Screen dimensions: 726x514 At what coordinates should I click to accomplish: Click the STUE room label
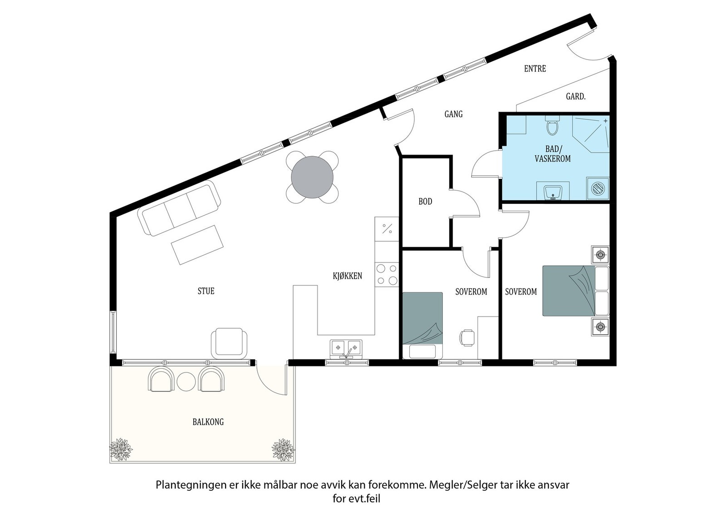click(x=206, y=291)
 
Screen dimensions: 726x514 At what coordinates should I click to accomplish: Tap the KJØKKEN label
click(x=348, y=276)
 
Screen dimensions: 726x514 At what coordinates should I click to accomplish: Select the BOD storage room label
click(x=425, y=202)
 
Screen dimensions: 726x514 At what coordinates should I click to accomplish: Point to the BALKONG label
click(x=208, y=422)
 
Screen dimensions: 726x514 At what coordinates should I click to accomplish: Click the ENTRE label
click(x=535, y=69)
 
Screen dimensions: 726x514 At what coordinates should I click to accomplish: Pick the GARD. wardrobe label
click(x=576, y=96)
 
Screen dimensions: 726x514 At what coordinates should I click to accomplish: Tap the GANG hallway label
click(x=453, y=114)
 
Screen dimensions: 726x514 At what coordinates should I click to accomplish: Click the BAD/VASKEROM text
click(x=553, y=154)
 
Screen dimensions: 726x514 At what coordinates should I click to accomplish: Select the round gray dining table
click(x=312, y=177)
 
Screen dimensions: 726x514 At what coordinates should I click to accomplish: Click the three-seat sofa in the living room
click(x=179, y=208)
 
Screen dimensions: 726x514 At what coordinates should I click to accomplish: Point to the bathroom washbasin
click(x=553, y=191)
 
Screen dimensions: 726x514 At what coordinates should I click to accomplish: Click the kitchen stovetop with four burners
click(x=387, y=274)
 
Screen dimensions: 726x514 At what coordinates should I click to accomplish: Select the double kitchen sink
click(x=346, y=349)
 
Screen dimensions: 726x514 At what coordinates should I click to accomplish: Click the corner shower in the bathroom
click(x=591, y=134)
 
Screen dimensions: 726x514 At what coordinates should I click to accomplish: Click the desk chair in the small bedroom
click(x=467, y=338)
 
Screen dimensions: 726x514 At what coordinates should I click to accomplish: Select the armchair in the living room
click(x=229, y=343)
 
